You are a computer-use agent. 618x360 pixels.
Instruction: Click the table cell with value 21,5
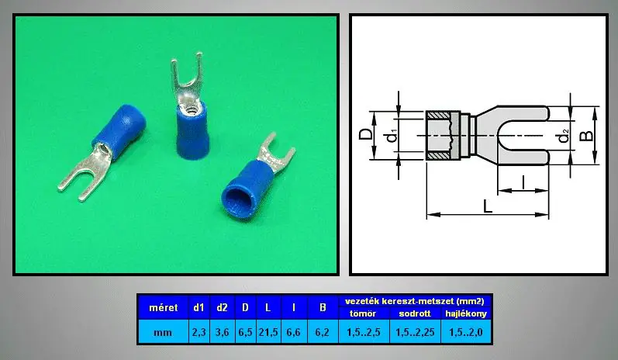coord(268,332)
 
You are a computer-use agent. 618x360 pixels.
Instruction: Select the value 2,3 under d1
coord(199,332)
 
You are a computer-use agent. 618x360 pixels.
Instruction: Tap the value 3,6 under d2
coord(223,332)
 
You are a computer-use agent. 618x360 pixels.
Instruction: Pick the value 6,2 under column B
coord(323,332)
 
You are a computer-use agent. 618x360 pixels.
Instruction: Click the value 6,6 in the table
coord(294,332)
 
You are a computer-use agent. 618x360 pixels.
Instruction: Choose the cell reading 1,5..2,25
coord(415,332)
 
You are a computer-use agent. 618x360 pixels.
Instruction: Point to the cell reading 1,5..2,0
coord(466,332)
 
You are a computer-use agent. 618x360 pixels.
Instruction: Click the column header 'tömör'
coord(364,314)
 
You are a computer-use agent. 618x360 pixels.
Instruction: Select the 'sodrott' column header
coord(415,314)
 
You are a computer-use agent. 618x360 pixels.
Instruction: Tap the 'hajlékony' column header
coord(466,314)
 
